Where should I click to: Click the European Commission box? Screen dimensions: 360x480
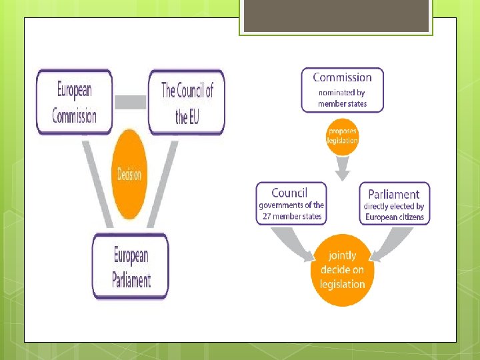pyautogui.click(x=74, y=102)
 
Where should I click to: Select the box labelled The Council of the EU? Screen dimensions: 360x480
pyautogui.click(x=186, y=102)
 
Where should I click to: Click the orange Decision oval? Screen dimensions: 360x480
pyautogui.click(x=129, y=174)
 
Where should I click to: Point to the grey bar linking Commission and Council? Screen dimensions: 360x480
pyautogui.click(x=130, y=102)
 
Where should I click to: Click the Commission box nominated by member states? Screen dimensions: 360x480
pyautogui.click(x=342, y=90)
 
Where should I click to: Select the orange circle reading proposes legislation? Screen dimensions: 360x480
pyautogui.click(x=342, y=136)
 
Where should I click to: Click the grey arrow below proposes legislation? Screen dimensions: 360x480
pyautogui.click(x=342, y=170)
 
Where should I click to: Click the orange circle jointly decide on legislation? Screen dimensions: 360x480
pyautogui.click(x=342, y=270)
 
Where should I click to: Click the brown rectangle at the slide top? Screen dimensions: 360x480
pyautogui.click(x=336, y=16)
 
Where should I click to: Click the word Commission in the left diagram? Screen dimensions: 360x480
pyautogui.click(x=74, y=116)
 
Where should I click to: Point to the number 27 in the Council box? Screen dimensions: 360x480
pyautogui.click(x=267, y=216)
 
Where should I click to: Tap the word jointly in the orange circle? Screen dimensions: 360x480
pyautogui.click(x=342, y=255)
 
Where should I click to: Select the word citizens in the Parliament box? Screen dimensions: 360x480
pyautogui.click(x=411, y=217)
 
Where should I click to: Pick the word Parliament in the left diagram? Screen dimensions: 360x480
pyautogui.click(x=131, y=279)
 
